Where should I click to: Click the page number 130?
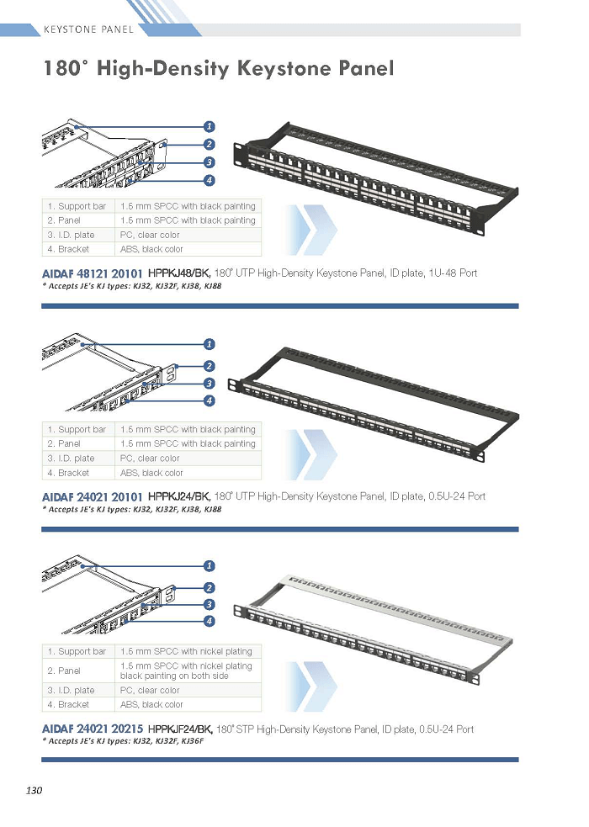34,790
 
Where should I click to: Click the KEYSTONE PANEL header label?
88,29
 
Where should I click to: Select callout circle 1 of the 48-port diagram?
210,126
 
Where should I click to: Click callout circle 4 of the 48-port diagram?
210,180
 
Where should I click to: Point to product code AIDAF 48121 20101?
93,273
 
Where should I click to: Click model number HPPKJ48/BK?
179,273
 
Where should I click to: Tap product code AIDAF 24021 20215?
93,729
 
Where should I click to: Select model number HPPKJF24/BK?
180,729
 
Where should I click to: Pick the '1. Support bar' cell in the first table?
78,206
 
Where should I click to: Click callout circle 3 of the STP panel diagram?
210,604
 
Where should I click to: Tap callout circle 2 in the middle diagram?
210,366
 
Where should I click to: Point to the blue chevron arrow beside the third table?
311,686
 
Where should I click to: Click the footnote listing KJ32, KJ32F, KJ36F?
123,741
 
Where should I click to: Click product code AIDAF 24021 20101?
93,497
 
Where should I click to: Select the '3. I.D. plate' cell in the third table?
78,691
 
